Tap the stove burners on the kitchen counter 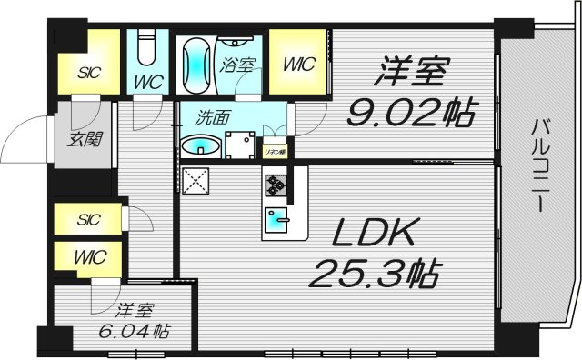point(276,186)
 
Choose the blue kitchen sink point(276,219)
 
